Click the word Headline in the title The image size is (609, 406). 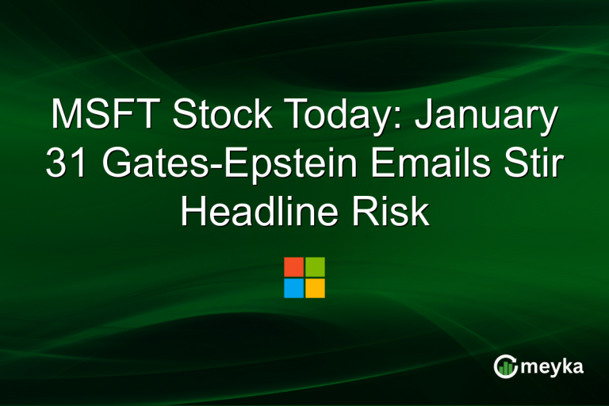[x=257, y=213]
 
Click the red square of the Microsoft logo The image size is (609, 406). [x=293, y=266]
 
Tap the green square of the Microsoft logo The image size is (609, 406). [x=315, y=266]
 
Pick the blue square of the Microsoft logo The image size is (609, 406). [x=293, y=288]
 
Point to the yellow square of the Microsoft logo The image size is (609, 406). [x=315, y=288]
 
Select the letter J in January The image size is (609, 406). [x=425, y=116]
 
